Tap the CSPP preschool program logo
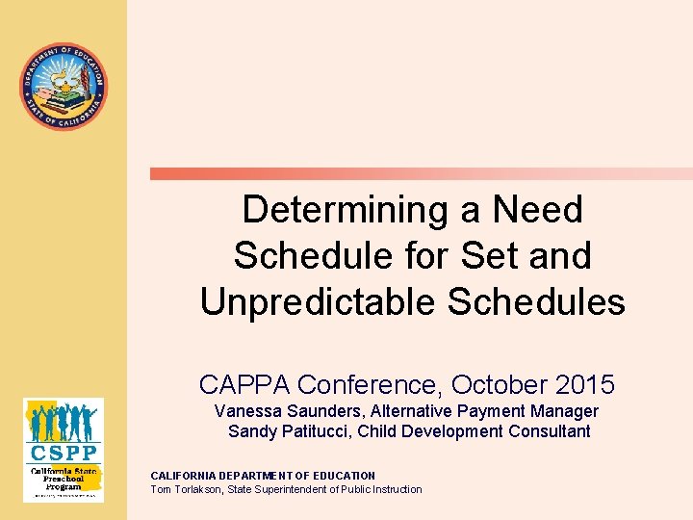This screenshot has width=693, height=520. tap(64, 449)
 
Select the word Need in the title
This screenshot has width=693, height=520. tap(537, 209)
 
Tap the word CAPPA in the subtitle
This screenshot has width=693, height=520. tap(244, 385)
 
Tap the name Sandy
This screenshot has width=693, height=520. tap(250, 430)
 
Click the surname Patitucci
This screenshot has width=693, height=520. tap(314, 430)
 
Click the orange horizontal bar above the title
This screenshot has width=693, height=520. tap(421, 174)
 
